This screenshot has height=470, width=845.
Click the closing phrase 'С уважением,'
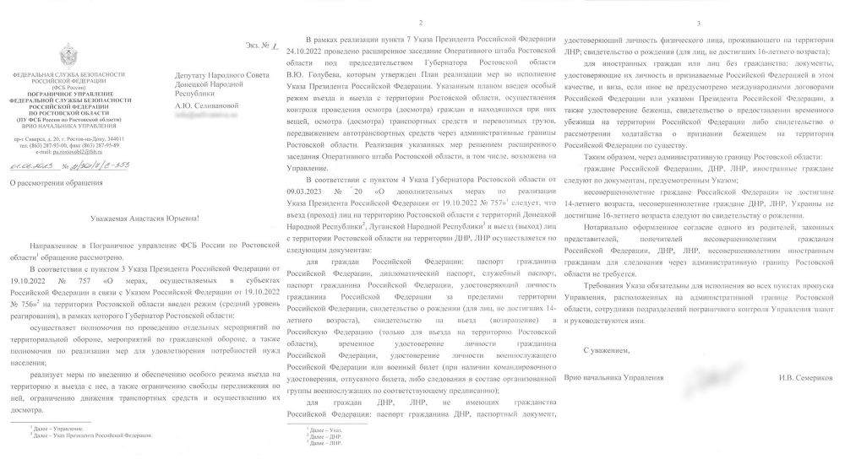pyautogui.click(x=607, y=348)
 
